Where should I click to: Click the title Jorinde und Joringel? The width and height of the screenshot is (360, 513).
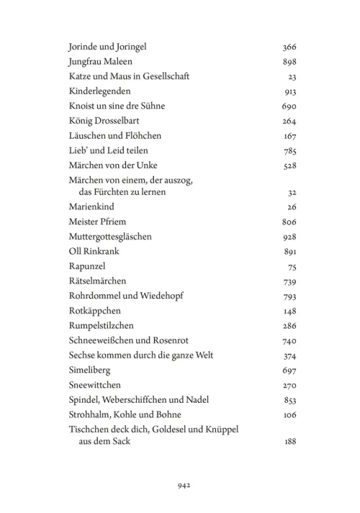[108, 47]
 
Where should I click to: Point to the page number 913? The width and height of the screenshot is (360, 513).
[290, 91]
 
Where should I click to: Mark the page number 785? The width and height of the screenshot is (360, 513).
[290, 150]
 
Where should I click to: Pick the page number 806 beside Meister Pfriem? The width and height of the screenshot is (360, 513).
[290, 222]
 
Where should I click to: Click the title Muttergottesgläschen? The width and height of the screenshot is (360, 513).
[110, 237]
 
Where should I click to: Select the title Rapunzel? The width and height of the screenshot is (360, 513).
[84, 266]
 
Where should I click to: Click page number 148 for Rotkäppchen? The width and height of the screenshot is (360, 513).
[290, 311]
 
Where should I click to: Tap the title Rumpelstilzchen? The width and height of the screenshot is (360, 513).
[99, 325]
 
